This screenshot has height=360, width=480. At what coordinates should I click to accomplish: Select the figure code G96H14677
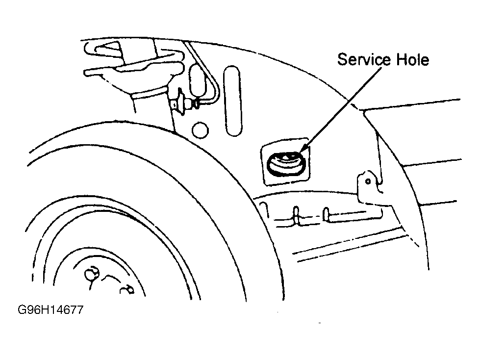(x=50, y=310)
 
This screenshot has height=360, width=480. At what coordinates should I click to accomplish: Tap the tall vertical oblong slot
(x=232, y=100)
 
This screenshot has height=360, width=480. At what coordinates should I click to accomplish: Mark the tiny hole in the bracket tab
(x=368, y=181)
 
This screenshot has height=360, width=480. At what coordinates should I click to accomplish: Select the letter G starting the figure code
(x=22, y=310)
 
